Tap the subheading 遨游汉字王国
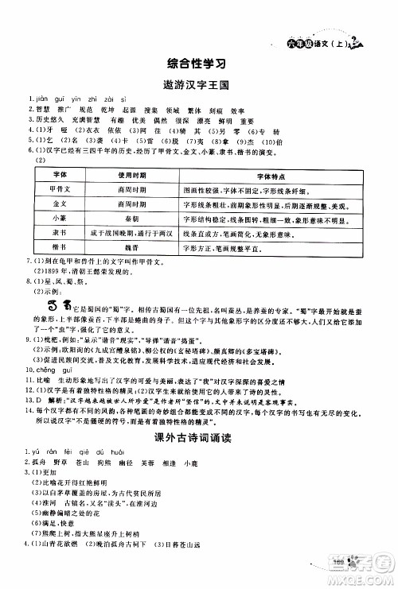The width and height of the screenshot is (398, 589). [198, 83]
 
